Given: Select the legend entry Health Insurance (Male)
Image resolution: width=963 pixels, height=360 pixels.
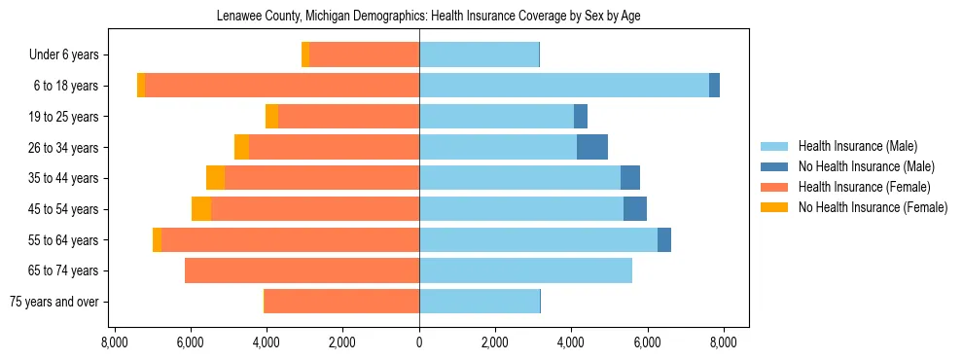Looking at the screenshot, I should click(x=857, y=146).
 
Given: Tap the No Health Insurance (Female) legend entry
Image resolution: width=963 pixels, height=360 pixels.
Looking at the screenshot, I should click(x=873, y=207).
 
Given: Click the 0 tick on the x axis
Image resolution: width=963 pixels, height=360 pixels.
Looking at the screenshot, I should click(x=419, y=342).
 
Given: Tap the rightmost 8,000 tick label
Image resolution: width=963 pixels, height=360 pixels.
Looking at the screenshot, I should click(x=723, y=342).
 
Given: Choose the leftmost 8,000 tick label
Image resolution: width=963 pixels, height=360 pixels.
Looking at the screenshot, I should click(x=115, y=342).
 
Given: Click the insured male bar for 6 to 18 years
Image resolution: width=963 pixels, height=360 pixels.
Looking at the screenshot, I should click(x=564, y=86).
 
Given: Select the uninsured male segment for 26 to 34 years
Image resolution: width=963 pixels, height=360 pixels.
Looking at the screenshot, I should click(x=592, y=147).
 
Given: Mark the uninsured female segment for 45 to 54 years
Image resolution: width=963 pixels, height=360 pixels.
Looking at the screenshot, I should click(x=201, y=209).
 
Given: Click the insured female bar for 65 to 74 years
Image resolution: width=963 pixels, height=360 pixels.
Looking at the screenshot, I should click(x=302, y=270).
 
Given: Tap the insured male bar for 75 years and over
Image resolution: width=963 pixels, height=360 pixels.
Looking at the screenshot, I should click(x=480, y=302).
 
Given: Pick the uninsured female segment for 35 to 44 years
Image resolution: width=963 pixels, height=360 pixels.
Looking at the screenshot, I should click(x=215, y=178).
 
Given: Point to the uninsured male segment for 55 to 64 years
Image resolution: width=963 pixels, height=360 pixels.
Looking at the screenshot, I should click(x=664, y=239).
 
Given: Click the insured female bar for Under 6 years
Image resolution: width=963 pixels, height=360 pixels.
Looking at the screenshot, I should click(x=364, y=55).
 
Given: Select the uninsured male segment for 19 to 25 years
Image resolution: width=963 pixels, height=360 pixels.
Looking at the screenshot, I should click(x=581, y=117).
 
